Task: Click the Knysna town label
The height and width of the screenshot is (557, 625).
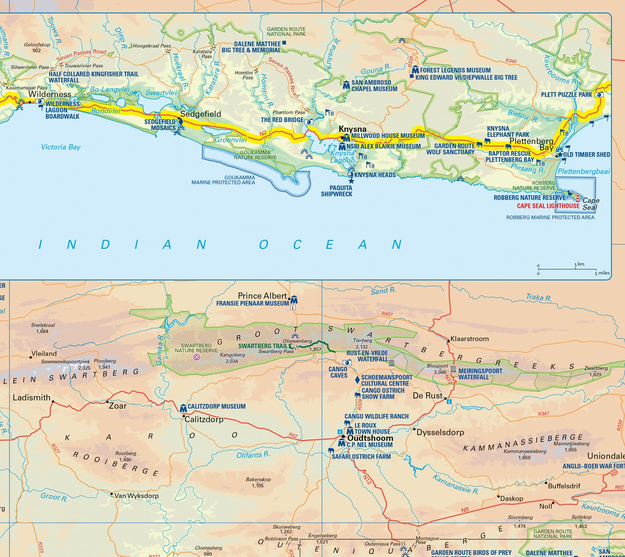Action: (352, 129)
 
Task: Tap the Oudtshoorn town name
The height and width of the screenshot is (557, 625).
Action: (370, 438)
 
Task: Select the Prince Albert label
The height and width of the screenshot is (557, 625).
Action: (262, 296)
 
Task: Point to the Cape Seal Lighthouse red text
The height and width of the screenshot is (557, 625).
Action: (548, 206)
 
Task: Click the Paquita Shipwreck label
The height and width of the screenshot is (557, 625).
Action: (336, 191)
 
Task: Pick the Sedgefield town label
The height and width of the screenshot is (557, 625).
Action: (200, 114)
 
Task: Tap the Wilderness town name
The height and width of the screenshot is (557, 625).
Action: (50, 94)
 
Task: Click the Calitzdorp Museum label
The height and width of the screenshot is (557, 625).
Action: (216, 406)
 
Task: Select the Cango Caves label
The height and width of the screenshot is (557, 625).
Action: (338, 372)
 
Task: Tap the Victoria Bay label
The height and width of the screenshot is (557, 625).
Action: (61, 147)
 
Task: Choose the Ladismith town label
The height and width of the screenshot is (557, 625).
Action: (32, 398)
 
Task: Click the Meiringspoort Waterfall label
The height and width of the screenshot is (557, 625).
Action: (480, 374)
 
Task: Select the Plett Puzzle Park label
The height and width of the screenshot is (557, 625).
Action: (566, 95)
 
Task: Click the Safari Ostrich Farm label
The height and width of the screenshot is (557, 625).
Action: (361, 456)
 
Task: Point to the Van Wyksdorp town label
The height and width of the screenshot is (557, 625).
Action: (136, 496)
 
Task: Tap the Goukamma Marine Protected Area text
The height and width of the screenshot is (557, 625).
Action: (223, 180)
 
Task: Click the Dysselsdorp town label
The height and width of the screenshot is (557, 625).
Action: (440, 432)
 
